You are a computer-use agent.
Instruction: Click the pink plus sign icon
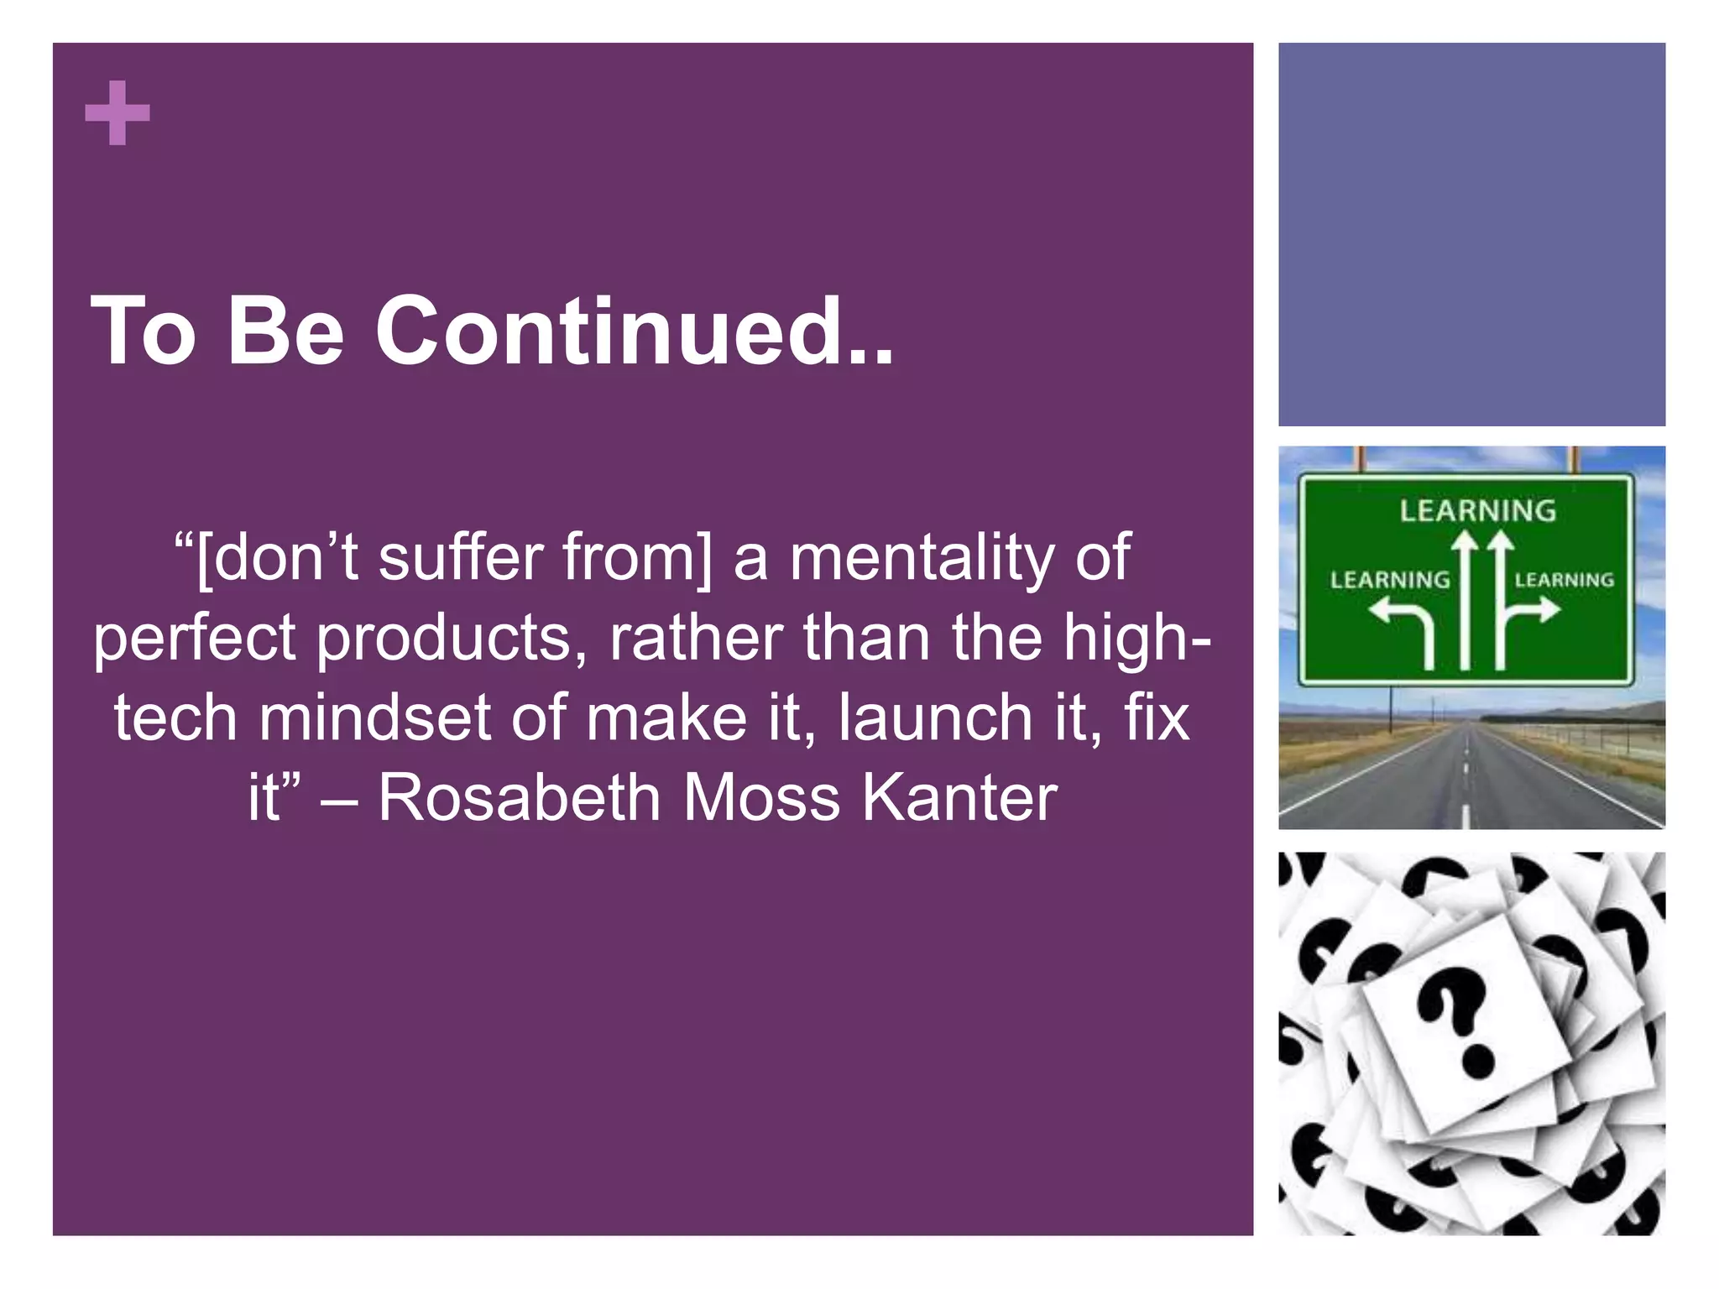click(118, 113)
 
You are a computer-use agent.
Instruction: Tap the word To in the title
click(143, 331)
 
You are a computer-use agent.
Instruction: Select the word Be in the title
click(285, 331)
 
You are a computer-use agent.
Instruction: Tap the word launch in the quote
click(935, 718)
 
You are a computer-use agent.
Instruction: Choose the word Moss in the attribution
click(760, 797)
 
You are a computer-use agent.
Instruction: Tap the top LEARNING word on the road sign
click(1477, 511)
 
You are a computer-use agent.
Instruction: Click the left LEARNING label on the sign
click(1390, 580)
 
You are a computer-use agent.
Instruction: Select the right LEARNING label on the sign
click(1564, 580)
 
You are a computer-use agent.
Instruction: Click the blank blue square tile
click(1471, 234)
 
